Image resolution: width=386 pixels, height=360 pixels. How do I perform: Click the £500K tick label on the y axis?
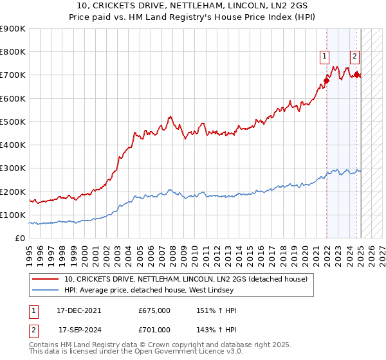click(x=12, y=122)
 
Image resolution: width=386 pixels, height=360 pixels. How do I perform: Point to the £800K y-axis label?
click(x=12, y=52)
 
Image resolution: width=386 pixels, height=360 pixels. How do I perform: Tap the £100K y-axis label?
click(x=12, y=215)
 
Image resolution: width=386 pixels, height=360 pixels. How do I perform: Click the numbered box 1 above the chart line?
click(x=325, y=57)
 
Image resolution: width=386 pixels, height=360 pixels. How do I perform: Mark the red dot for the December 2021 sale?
click(x=326, y=81)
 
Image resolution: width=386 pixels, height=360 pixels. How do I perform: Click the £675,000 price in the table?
click(x=154, y=310)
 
